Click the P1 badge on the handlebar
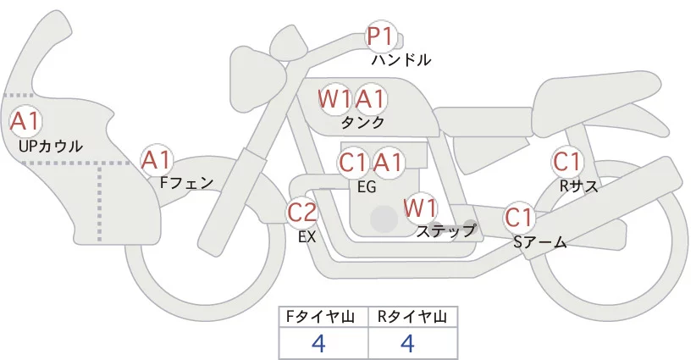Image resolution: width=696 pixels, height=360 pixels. pyautogui.click(x=380, y=36)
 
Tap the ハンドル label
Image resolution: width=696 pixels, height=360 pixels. pyautogui.click(x=401, y=60)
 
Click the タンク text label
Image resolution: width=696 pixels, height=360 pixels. pyautogui.click(x=363, y=123)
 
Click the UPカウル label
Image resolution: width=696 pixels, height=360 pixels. pyautogui.click(x=51, y=147)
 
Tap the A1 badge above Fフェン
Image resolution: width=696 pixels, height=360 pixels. pyautogui.click(x=157, y=159)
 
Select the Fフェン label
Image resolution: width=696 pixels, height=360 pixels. pyautogui.click(x=186, y=181)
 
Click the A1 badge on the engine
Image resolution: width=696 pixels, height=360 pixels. pyautogui.click(x=388, y=162)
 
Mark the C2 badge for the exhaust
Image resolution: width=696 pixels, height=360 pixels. pyautogui.click(x=302, y=212)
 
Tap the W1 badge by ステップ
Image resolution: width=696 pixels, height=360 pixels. pyautogui.click(x=420, y=208)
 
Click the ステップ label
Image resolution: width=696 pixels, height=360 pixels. pyautogui.click(x=446, y=230)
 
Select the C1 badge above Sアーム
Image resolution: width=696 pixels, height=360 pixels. pyautogui.click(x=518, y=217)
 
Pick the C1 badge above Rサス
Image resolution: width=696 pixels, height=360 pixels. pyautogui.click(x=566, y=161)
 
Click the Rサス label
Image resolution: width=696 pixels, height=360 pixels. pyautogui.click(x=578, y=186)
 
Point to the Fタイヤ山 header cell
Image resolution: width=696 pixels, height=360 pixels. pyautogui.click(x=324, y=318)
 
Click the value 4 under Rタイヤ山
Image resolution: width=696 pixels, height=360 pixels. pyautogui.click(x=407, y=344)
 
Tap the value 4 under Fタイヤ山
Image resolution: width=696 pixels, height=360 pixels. pyautogui.click(x=318, y=344)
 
